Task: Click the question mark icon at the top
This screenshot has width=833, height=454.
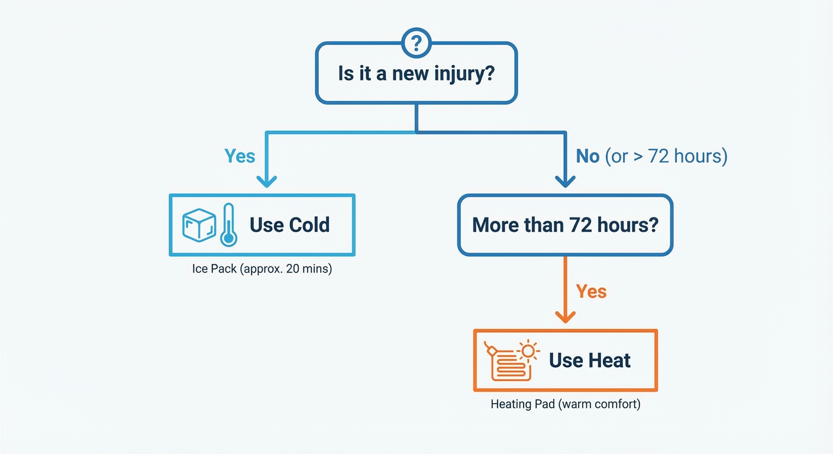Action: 417,43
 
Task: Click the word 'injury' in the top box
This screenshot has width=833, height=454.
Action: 459,74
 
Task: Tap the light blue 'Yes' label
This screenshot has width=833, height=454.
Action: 240,156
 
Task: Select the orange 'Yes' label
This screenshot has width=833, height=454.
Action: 591,291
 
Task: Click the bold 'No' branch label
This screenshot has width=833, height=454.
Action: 588,156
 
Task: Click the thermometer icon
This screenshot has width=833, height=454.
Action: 228,225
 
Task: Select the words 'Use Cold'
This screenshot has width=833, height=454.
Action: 289,225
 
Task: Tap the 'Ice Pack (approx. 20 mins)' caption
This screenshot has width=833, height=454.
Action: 262,269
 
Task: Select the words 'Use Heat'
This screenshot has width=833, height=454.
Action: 589,361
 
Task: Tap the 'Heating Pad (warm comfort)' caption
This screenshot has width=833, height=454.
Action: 565,405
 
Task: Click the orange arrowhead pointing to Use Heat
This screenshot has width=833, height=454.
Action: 566,317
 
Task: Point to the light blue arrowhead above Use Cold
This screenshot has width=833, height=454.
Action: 267,180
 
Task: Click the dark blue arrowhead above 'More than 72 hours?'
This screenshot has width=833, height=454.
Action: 566,180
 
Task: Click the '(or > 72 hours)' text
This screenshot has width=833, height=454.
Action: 666,156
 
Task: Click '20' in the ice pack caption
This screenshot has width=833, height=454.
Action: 292,269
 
